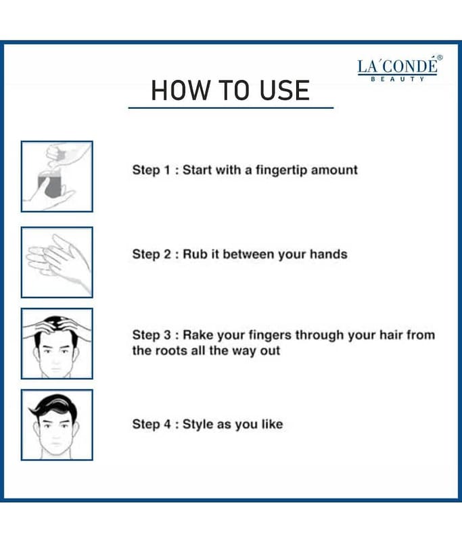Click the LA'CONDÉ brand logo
click(x=400, y=68)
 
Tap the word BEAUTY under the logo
click(x=398, y=79)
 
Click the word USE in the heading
click(x=285, y=91)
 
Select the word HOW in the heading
click(x=181, y=91)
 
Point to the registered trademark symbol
click(x=440, y=57)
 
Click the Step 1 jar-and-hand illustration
click(x=57, y=177)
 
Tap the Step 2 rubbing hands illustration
click(x=57, y=262)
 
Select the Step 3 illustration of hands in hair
click(x=57, y=344)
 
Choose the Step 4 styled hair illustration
click(x=57, y=425)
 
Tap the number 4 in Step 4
click(x=167, y=424)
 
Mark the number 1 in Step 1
click(x=167, y=170)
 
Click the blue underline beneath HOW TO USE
click(x=231, y=108)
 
